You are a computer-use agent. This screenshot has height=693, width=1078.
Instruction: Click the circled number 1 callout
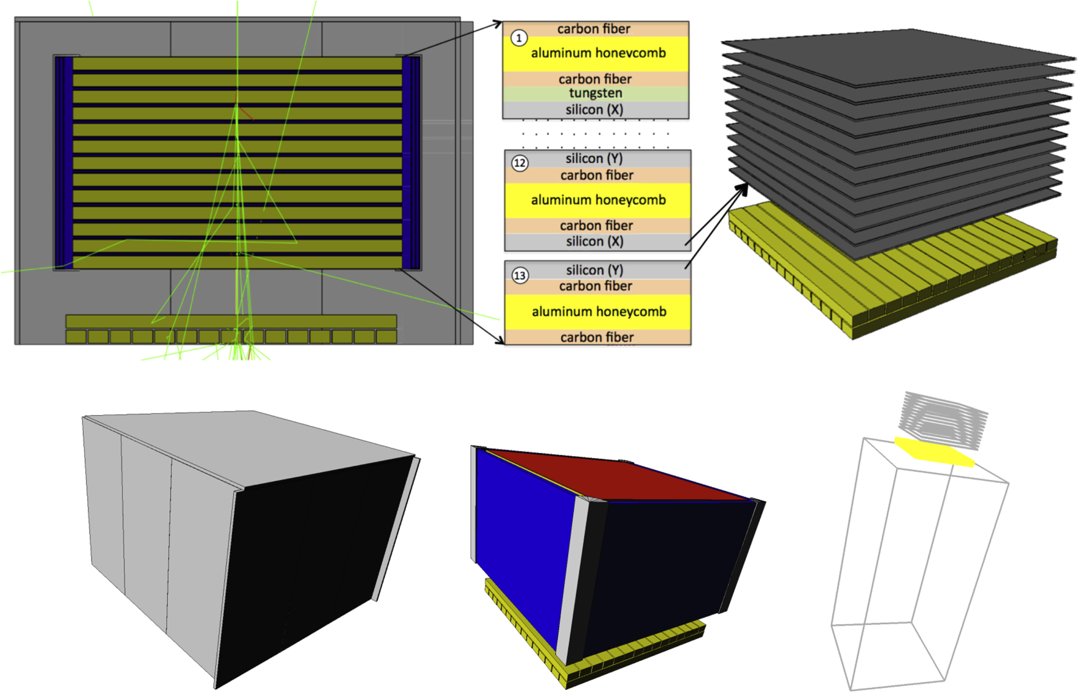pyautogui.click(x=519, y=38)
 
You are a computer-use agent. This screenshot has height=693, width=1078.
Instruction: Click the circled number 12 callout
pyautogui.click(x=520, y=163)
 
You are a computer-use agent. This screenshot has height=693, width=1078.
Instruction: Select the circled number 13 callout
pyautogui.click(x=520, y=275)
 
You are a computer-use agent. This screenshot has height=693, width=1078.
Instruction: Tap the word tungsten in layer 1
pyautogui.click(x=595, y=93)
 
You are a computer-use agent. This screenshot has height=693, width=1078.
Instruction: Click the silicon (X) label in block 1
pyautogui.click(x=594, y=110)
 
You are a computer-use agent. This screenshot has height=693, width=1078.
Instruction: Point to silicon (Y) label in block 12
pyautogui.click(x=594, y=158)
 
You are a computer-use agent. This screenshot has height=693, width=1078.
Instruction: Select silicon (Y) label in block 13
pyautogui.click(x=594, y=270)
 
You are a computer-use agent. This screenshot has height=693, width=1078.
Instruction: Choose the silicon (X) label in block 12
pyautogui.click(x=595, y=241)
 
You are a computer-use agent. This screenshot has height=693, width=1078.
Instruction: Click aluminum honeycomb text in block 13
pyautogui.click(x=599, y=312)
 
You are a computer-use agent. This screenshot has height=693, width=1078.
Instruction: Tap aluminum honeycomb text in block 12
pyautogui.click(x=598, y=200)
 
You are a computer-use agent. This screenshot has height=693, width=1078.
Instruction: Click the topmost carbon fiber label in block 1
pyautogui.click(x=594, y=29)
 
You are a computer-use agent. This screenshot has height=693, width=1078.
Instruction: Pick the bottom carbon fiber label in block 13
pyautogui.click(x=597, y=338)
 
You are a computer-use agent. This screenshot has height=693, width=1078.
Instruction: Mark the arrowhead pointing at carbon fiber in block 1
pyautogui.click(x=498, y=23)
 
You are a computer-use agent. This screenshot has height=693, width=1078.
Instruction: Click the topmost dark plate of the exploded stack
pyautogui.click(x=898, y=57)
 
